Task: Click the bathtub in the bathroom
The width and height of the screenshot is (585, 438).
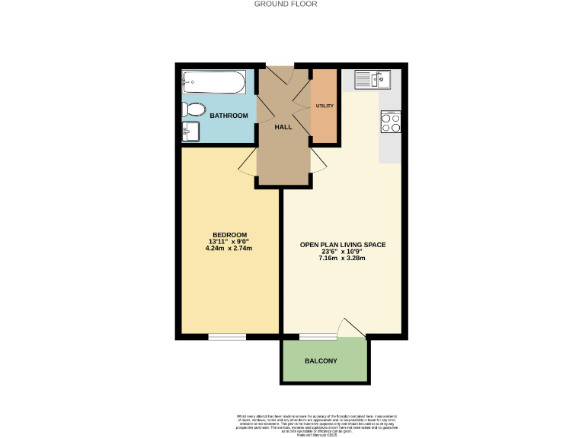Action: tap(213, 81)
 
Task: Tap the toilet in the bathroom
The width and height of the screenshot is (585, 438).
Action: tap(193, 109)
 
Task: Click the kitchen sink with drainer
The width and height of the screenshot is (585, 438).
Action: tap(372, 78)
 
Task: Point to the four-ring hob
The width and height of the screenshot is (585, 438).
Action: tap(391, 122)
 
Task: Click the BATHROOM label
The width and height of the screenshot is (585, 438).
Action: tap(229, 116)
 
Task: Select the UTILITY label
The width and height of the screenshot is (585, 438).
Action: tap(324, 106)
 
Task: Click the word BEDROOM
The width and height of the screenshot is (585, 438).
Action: tap(229, 234)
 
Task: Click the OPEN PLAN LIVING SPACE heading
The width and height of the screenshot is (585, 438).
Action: tap(342, 245)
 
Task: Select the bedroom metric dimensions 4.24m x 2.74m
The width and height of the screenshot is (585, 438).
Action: tap(229, 248)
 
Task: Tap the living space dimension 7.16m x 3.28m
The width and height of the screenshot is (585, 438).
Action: tap(342, 258)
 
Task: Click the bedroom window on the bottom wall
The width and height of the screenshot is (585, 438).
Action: tap(226, 335)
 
